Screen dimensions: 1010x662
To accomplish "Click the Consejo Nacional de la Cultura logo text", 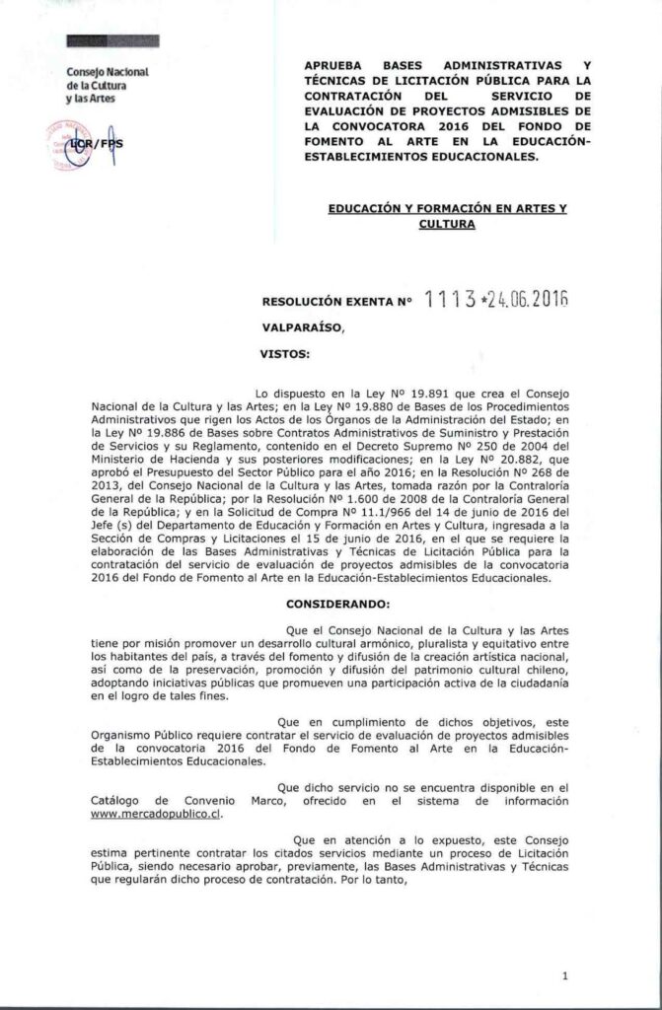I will point(106,87).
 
